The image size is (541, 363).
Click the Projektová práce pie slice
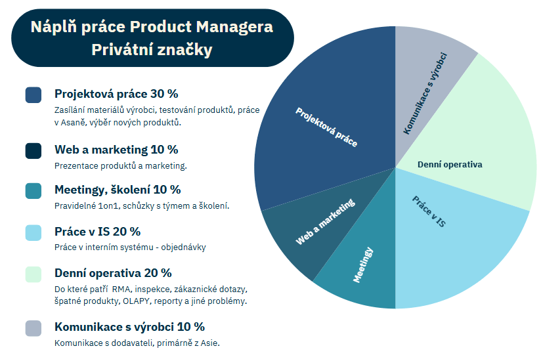point(322,118)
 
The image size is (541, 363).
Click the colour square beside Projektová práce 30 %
point(33,95)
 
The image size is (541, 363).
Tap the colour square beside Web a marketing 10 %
point(33,151)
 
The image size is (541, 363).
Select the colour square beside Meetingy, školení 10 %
point(33,191)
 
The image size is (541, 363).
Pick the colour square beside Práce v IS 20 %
point(33,232)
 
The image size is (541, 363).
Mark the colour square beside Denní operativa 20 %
point(33,274)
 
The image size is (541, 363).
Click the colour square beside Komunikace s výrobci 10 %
point(33,328)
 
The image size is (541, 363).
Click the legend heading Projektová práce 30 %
point(116,94)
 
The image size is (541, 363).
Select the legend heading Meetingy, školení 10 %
point(118,190)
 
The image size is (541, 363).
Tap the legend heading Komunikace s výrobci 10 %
point(129,327)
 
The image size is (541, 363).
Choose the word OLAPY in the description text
point(135,301)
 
